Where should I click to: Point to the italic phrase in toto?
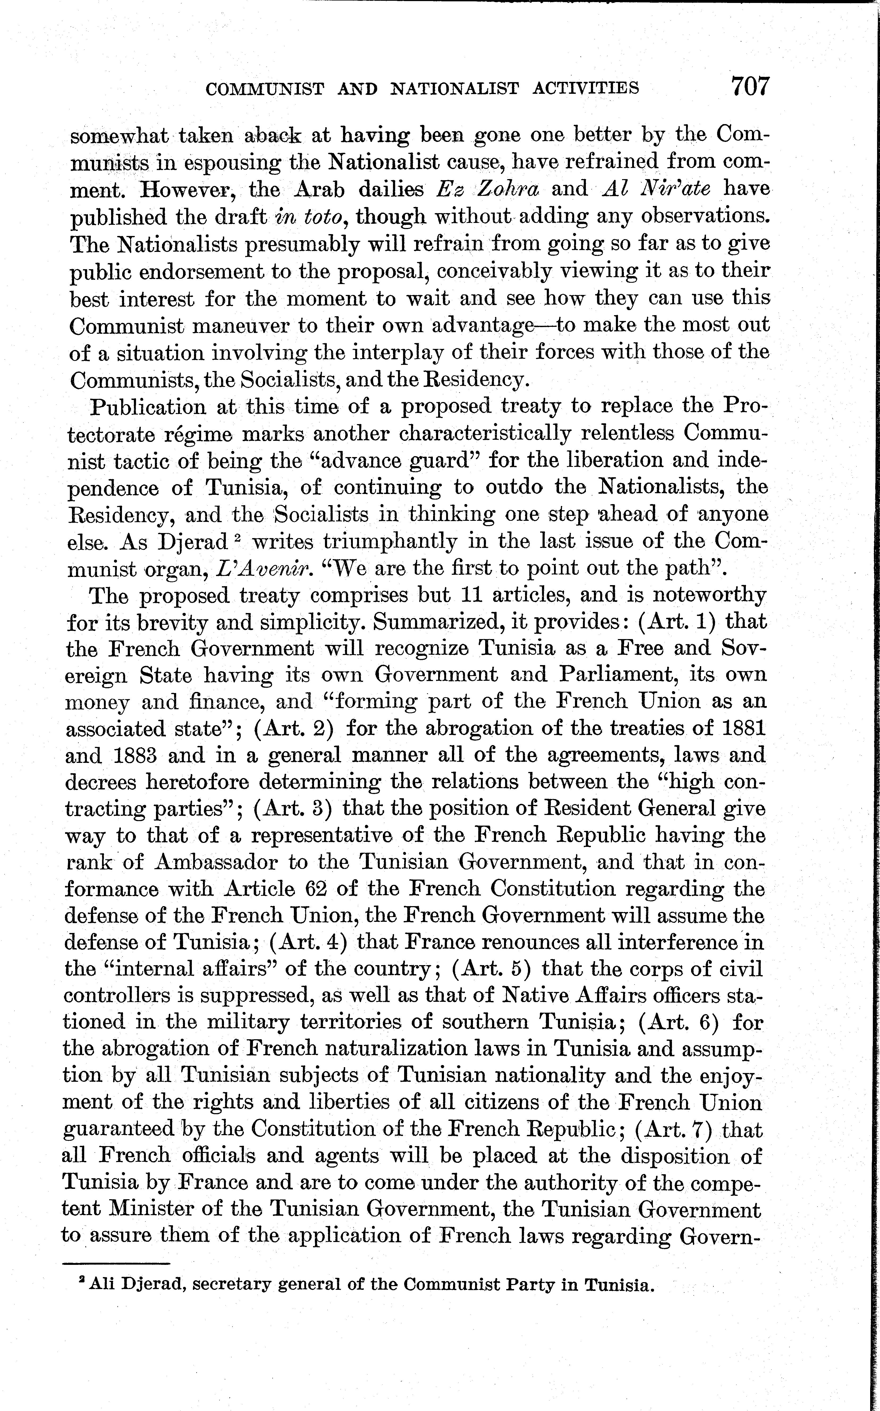point(311,217)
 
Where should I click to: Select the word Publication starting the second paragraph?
point(148,407)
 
